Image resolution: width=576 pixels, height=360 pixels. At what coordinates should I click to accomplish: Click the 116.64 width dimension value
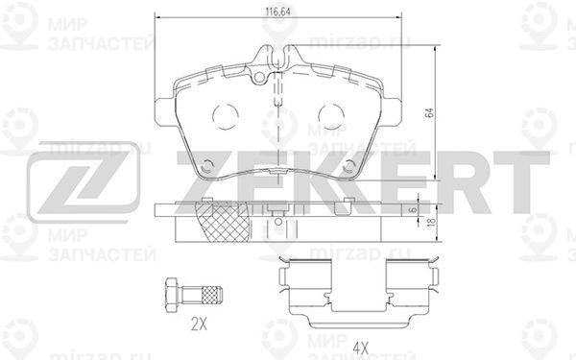[x=277, y=12]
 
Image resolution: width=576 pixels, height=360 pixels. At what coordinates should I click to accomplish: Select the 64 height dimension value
[x=430, y=112]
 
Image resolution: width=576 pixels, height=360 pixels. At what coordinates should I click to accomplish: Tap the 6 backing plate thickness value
[x=413, y=209]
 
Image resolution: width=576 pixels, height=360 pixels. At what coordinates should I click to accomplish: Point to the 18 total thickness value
[x=432, y=222]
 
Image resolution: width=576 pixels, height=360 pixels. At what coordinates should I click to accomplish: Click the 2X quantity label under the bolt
[x=199, y=324]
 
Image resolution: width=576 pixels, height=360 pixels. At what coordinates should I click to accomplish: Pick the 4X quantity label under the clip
[x=360, y=347]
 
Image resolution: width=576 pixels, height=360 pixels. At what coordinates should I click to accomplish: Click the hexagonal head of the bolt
[x=172, y=296]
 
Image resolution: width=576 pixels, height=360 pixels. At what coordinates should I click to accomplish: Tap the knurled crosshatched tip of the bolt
[x=211, y=296]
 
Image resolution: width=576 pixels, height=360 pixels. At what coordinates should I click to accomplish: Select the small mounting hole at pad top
[x=259, y=77]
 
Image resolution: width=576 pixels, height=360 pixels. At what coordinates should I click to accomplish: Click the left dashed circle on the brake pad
[x=226, y=116]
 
